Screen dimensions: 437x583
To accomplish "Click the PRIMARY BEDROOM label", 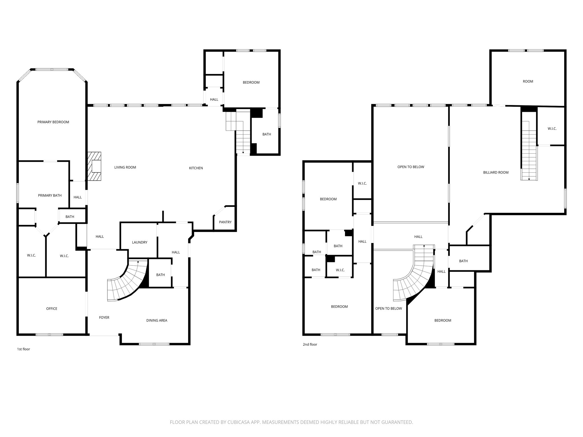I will [53, 122].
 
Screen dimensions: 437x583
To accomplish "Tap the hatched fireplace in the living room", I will [95, 166].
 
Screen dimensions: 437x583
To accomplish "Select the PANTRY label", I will [225, 222].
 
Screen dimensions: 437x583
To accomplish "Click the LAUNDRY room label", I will [139, 242].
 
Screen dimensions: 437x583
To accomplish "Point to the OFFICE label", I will [52, 309].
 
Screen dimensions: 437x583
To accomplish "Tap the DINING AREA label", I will [157, 320].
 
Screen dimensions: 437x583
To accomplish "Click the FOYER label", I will [104, 318].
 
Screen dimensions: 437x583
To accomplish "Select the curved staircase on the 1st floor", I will [127, 280].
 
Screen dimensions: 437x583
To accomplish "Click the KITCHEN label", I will [196, 168].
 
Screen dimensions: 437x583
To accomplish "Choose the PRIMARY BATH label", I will [50, 195].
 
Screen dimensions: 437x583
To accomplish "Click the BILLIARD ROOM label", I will [496, 172].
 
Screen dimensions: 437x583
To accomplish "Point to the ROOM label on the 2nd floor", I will [528, 81].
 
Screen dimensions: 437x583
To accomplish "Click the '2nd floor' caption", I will [310, 345].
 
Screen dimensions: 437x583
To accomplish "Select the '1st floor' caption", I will [23, 349].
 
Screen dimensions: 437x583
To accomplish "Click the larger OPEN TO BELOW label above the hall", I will [410, 167].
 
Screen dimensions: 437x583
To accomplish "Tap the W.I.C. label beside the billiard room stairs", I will [552, 129].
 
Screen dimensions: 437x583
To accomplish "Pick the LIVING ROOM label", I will [125, 167].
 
